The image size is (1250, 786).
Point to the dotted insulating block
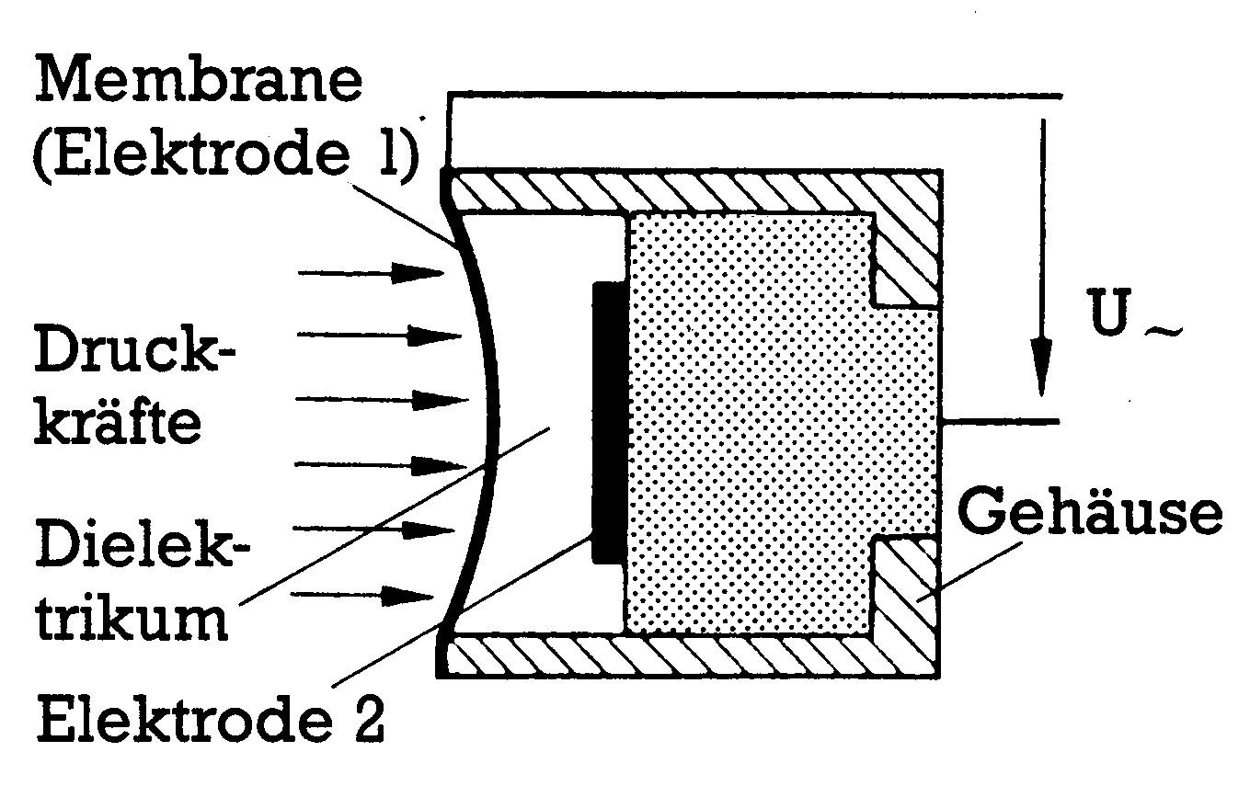coord(763,423)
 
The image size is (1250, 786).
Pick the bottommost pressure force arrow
coord(368,597)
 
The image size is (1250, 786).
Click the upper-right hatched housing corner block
coord(911,248)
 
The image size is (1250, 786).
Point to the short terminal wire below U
coord(1003,422)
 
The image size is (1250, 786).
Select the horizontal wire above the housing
coord(754,94)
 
